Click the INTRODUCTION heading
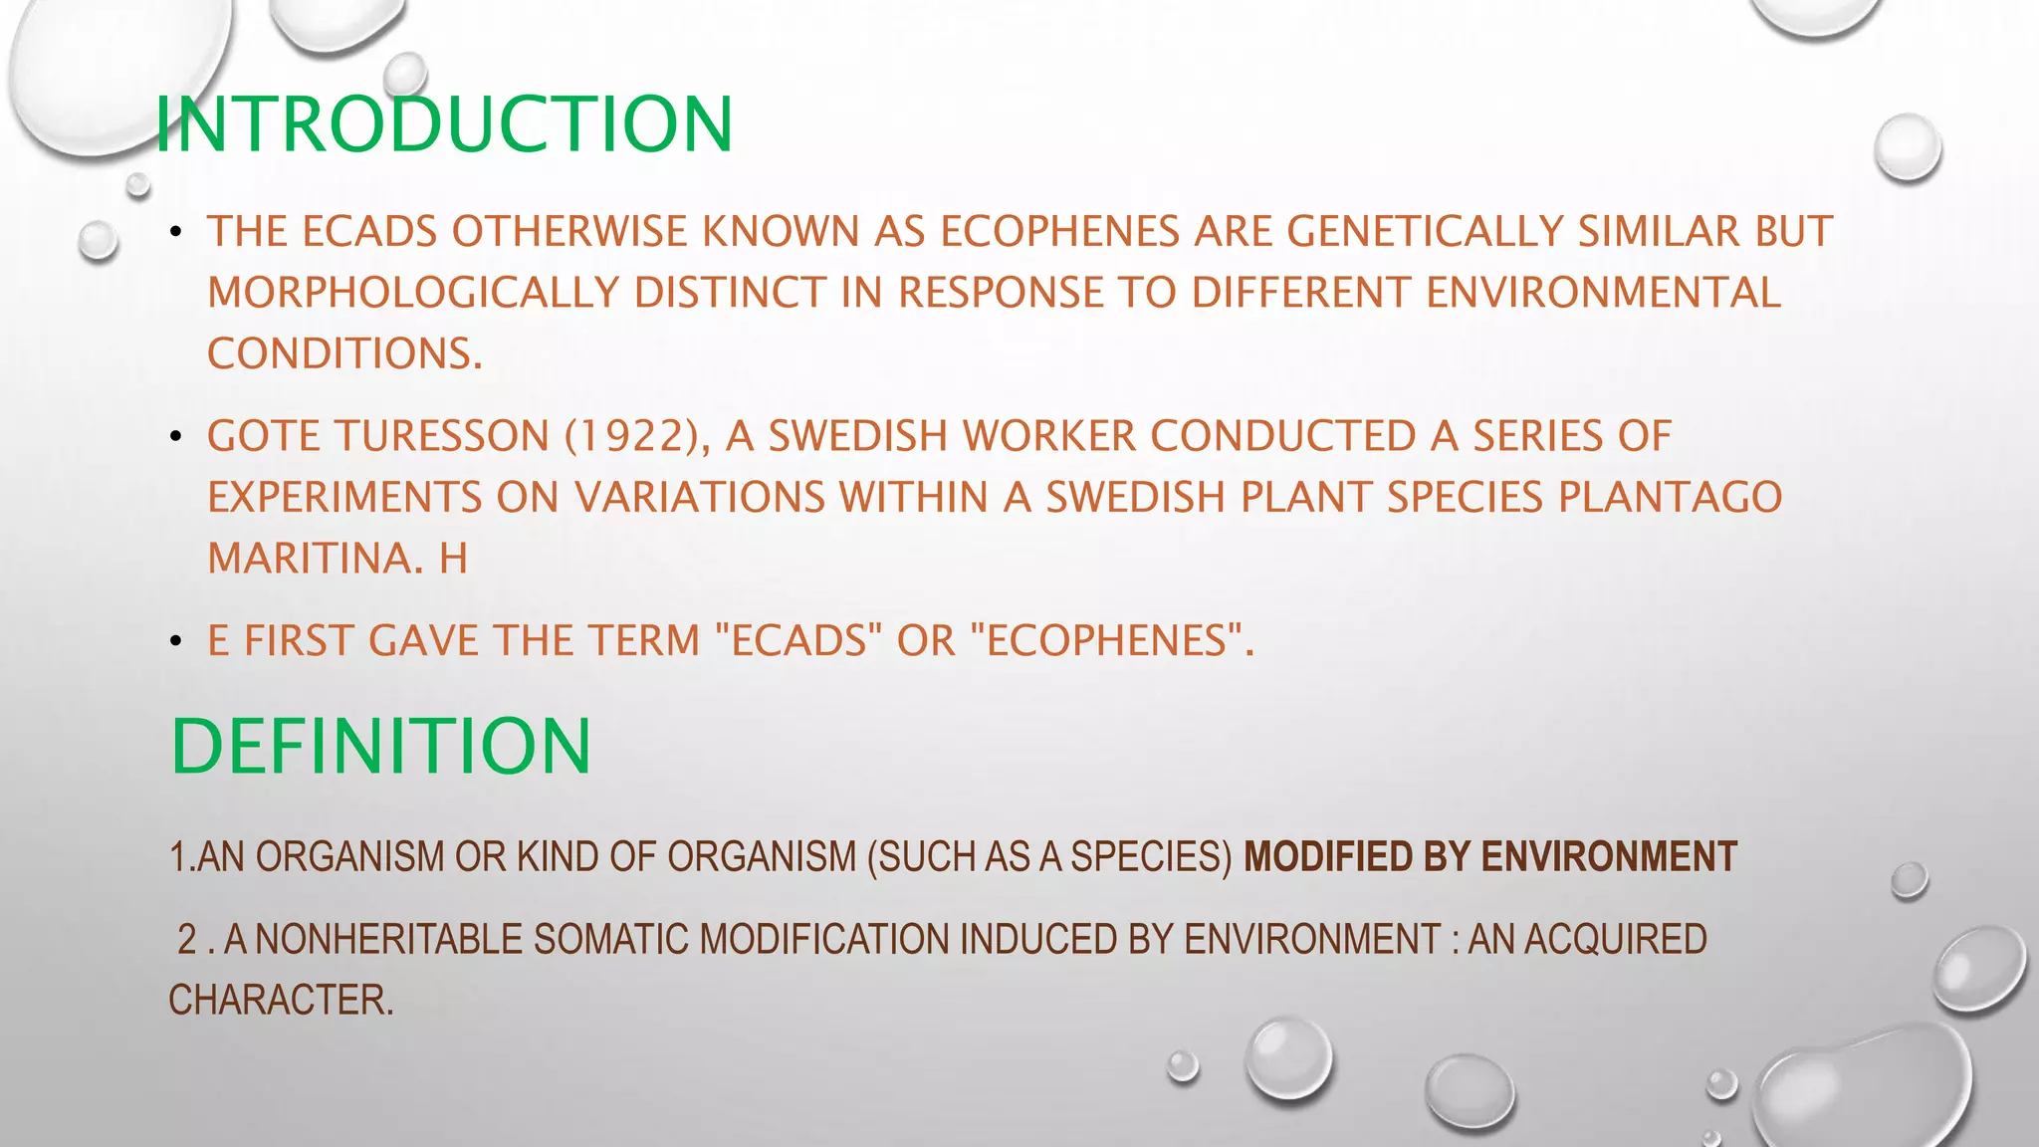click(444, 124)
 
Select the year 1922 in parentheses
click(631, 436)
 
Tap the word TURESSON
click(442, 436)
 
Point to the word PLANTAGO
click(1670, 497)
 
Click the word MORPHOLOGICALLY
click(413, 293)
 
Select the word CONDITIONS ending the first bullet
click(344, 353)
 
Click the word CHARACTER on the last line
click(281, 1000)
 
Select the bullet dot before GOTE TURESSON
click(176, 436)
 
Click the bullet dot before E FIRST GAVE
click(176, 641)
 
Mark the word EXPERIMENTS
click(343, 497)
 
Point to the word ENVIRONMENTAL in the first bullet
click(1603, 293)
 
